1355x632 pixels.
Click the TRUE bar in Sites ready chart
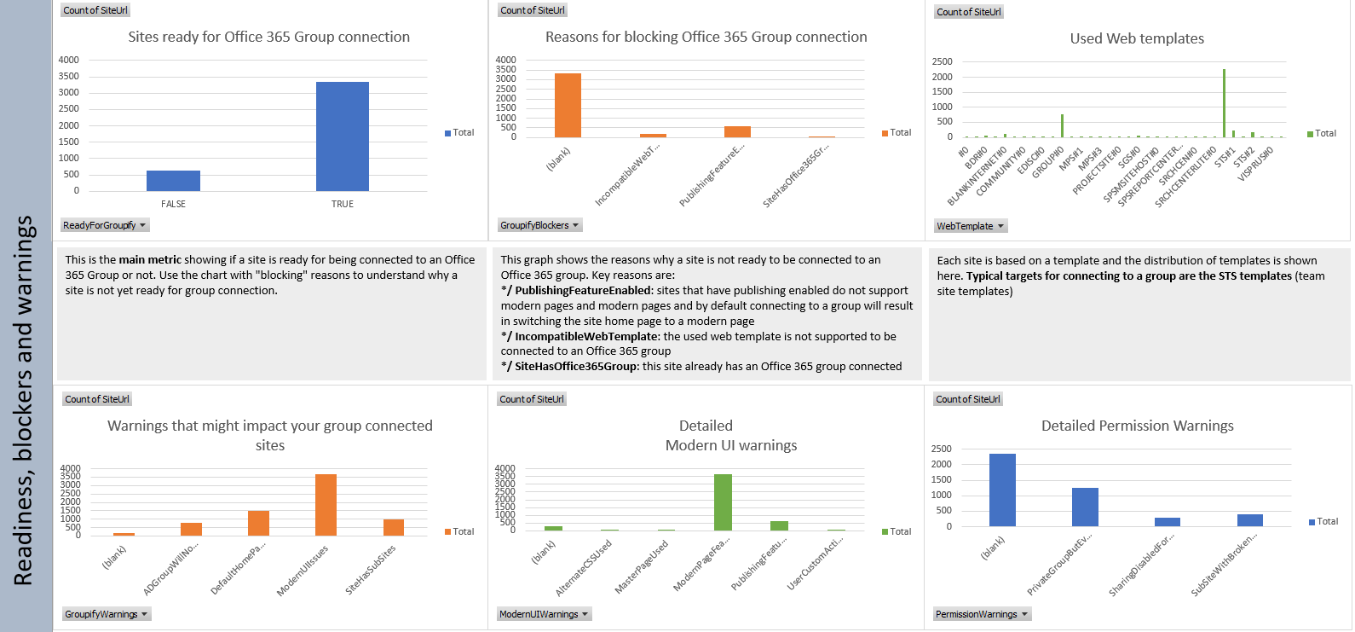pyautogui.click(x=342, y=136)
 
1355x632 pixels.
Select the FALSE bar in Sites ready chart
pyautogui.click(x=173, y=181)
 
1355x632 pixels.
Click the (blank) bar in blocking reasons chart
pyautogui.click(x=568, y=106)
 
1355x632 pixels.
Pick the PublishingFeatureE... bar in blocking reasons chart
pyautogui.click(x=737, y=131)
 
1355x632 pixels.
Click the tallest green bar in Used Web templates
pyautogui.click(x=1224, y=102)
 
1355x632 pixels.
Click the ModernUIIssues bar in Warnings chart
pyautogui.click(x=326, y=505)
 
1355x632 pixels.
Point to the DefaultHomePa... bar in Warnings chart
pyautogui.click(x=258, y=524)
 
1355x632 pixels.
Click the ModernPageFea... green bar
pyautogui.click(x=723, y=502)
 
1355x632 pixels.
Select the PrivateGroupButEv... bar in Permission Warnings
pyautogui.click(x=1085, y=507)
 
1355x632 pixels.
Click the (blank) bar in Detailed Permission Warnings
pyautogui.click(x=1002, y=490)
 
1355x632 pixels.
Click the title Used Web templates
pyautogui.click(x=1137, y=38)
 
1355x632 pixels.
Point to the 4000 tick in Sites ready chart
pyautogui.click(x=69, y=60)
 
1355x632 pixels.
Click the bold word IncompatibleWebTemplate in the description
pyautogui.click(x=586, y=336)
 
